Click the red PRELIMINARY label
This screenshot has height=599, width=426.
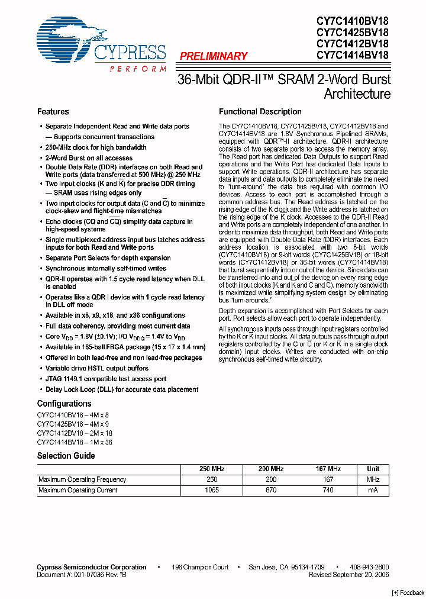pos(213,56)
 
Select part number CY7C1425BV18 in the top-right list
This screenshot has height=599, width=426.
pos(352,32)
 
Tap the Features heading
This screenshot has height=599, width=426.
pos(53,112)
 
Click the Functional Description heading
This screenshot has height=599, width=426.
pos(260,112)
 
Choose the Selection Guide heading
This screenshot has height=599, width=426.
pos(66,456)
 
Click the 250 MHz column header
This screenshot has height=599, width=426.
pos(213,469)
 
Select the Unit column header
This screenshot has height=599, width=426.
pos(373,469)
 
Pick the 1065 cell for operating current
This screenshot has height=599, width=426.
pos(211,490)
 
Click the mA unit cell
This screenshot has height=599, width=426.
pos(373,490)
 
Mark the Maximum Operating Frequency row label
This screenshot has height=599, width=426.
pos(82,479)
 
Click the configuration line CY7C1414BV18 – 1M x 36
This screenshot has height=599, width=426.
pos(75,442)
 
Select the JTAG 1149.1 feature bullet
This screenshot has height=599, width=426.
pos(106,379)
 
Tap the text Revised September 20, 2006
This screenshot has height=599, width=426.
pos(348,575)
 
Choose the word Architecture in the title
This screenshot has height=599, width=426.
pos(357,94)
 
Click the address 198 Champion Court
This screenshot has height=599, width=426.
pos(200,567)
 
